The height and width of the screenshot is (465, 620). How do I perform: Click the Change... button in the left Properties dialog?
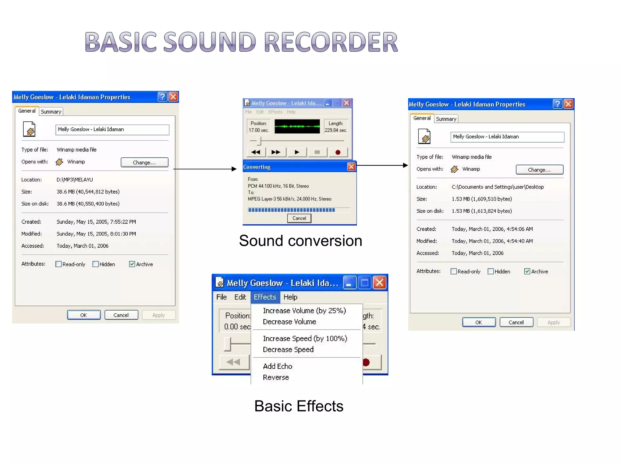144,162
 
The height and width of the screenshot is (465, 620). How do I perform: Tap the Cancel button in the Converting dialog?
299,218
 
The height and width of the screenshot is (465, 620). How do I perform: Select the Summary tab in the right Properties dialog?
446,119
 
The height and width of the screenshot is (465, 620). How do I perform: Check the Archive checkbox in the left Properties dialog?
132,264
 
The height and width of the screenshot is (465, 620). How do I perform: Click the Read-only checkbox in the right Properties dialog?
453,271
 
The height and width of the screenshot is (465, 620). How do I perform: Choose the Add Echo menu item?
277,366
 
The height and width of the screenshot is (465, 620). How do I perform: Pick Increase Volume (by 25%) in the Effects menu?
304,311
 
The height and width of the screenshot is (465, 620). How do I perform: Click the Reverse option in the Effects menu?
276,378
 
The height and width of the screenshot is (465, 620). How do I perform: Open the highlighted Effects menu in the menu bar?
265,297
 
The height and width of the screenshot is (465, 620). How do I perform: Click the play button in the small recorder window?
297,152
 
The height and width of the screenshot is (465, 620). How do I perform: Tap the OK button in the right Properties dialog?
479,322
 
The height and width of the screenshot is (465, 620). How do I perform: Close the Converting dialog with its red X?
351,167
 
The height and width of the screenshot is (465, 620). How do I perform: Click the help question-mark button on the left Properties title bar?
163,97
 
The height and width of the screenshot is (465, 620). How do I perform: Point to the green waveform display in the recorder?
297,126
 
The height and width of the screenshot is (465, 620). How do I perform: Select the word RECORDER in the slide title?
331,42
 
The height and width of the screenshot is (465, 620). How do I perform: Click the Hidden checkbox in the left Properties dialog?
96,264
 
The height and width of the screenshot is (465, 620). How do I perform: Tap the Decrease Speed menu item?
288,350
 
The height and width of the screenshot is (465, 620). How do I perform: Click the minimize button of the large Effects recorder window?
349,283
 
